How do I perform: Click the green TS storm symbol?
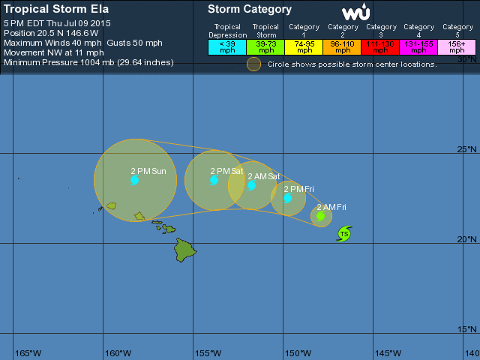click(x=344, y=234)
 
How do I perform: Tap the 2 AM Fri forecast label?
click(x=331, y=207)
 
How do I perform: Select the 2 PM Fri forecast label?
click(x=298, y=189)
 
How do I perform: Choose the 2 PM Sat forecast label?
click(x=226, y=171)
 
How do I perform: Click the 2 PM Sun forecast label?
click(x=148, y=171)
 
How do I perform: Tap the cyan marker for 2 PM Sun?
click(x=134, y=180)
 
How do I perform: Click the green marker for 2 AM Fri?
click(x=320, y=216)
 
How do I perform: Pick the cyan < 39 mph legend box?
click(x=227, y=47)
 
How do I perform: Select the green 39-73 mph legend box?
click(x=265, y=47)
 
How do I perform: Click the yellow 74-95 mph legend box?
click(x=304, y=47)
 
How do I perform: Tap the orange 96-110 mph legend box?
click(x=343, y=47)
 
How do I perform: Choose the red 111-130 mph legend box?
click(x=381, y=47)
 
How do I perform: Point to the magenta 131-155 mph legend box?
click(x=419, y=47)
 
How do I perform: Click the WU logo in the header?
click(x=355, y=13)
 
